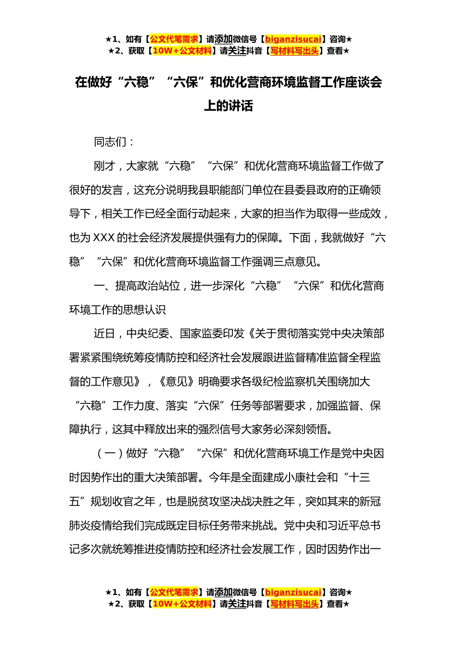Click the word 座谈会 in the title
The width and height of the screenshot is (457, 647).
click(364, 82)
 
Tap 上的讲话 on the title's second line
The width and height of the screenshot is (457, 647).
click(228, 106)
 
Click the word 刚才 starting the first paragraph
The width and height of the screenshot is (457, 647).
click(104, 166)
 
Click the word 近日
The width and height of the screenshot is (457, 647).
click(104, 334)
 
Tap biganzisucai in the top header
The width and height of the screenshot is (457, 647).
click(293, 39)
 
